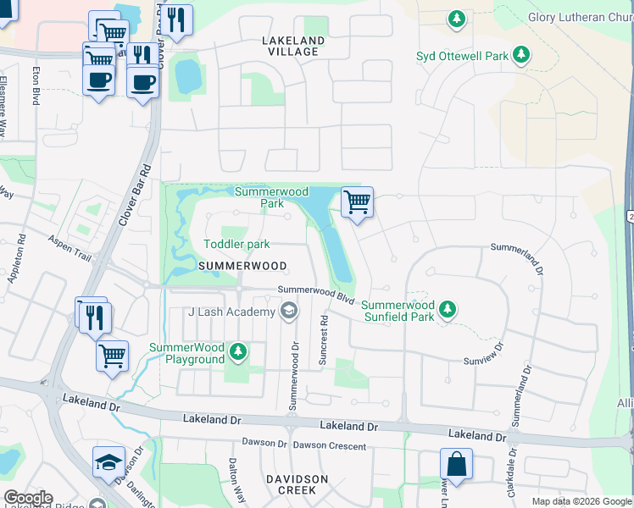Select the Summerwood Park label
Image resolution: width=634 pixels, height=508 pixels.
pos(271,198)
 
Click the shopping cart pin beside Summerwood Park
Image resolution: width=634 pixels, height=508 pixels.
pos(357,203)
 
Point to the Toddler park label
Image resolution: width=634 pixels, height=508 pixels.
pos(236,245)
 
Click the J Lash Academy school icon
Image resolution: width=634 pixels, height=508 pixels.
pos(289,312)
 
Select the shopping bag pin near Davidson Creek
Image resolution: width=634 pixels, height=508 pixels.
pos(456,465)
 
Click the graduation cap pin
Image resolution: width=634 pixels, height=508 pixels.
pos(108,462)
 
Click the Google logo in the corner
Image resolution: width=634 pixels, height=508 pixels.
pos(28,498)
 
